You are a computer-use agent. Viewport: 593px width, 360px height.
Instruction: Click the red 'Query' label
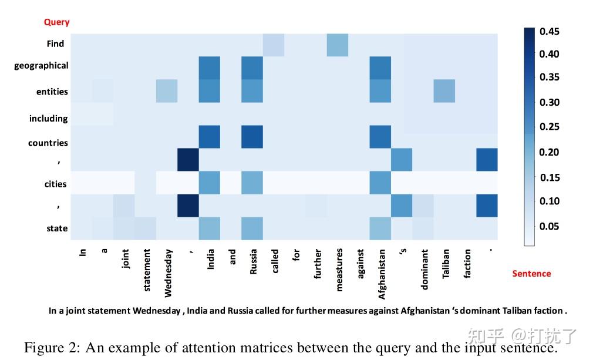point(56,22)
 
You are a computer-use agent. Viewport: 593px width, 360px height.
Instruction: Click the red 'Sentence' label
point(531,273)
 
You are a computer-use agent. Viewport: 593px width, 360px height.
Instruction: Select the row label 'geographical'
point(41,65)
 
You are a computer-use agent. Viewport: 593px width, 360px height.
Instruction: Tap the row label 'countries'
point(48,143)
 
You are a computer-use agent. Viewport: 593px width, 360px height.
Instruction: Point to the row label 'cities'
point(56,184)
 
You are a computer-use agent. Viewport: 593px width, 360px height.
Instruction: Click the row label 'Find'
point(55,43)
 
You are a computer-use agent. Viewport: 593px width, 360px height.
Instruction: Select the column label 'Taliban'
point(446,264)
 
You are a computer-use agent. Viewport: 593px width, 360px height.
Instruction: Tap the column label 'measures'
point(339,270)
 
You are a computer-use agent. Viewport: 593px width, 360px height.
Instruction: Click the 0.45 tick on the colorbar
point(549,31)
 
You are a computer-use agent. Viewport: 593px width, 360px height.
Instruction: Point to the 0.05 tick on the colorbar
point(549,226)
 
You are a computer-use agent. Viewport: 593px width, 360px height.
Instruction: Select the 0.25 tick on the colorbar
point(549,126)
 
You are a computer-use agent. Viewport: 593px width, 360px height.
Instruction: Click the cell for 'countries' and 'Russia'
point(252,137)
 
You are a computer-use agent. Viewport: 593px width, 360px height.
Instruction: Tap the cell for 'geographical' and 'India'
point(210,68)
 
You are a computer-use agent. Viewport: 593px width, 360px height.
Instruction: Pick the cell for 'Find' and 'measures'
point(338,45)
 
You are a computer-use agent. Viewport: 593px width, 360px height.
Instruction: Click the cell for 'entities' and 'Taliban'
point(444,90)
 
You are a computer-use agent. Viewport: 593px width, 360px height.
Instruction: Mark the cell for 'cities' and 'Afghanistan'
point(380,183)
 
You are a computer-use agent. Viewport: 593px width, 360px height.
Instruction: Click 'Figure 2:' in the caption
point(52,348)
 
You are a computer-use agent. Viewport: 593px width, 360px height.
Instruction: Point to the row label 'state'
point(57,228)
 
